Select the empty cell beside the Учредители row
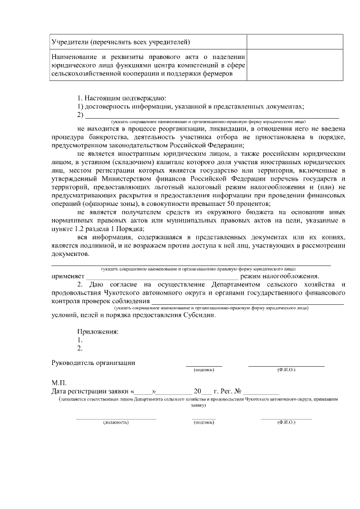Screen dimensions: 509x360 (x=295, y=42)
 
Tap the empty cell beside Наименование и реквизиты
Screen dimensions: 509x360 (x=295, y=65)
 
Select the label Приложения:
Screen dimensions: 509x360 (x=98, y=331)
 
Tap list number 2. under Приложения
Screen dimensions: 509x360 (x=80, y=348)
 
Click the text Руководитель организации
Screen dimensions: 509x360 (x=93, y=363)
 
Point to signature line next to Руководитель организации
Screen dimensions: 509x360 (x=204, y=365)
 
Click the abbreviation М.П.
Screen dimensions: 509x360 (x=58, y=382)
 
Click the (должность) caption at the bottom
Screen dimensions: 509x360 (x=115, y=421)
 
